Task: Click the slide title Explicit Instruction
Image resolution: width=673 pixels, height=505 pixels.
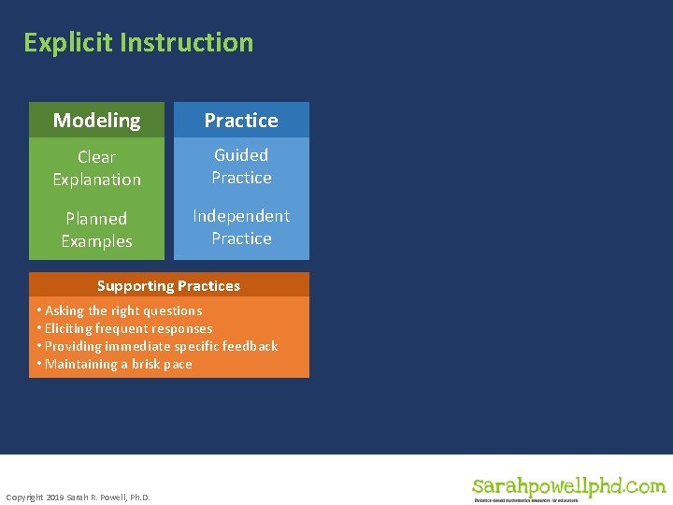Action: pos(138,43)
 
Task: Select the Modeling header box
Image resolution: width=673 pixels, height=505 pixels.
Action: pos(96,120)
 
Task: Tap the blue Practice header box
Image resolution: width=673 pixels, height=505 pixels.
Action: pos(241,120)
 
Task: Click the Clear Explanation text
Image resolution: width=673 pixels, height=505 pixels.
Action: pos(96,168)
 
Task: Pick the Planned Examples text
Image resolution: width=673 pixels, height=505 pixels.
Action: pos(96,230)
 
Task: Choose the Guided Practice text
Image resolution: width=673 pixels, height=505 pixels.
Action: pos(241,166)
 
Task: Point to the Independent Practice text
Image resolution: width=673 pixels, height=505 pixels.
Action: pos(241,227)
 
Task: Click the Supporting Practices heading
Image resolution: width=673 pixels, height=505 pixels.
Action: pos(168,286)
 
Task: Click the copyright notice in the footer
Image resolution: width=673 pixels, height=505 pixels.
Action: pos(78,497)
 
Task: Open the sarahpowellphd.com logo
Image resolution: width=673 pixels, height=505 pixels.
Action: pos(568,486)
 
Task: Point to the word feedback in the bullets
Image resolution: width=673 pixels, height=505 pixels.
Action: pos(249,346)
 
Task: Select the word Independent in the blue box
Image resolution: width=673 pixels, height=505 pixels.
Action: pos(241,216)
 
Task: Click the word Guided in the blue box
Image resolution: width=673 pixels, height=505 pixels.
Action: pos(241,155)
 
